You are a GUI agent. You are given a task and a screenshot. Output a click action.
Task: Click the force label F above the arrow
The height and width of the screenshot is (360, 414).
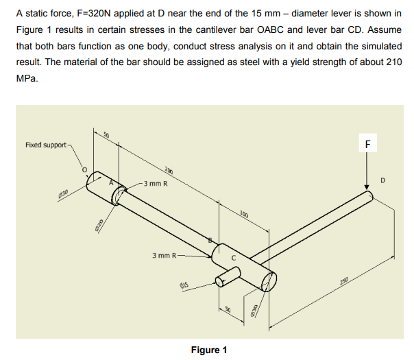pyautogui.click(x=368, y=145)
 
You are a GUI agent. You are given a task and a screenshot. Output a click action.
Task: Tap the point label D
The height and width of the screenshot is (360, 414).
pyautogui.click(x=385, y=181)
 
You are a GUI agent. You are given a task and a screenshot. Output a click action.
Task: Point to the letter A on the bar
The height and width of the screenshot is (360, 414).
pyautogui.click(x=114, y=183)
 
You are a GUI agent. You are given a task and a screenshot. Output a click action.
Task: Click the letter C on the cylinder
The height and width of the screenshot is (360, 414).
pyautogui.click(x=233, y=258)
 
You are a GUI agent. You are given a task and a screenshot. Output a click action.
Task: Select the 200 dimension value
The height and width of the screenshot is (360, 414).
pyautogui.click(x=168, y=171)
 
